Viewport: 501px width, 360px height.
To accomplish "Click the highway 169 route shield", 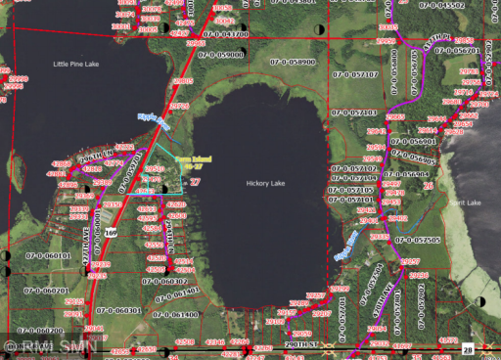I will pyautogui.click(x=112, y=233).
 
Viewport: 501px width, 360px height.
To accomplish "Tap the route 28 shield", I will pyautogui.click(x=467, y=348).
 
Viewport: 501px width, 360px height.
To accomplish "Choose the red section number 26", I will pyautogui.click(x=428, y=184).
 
